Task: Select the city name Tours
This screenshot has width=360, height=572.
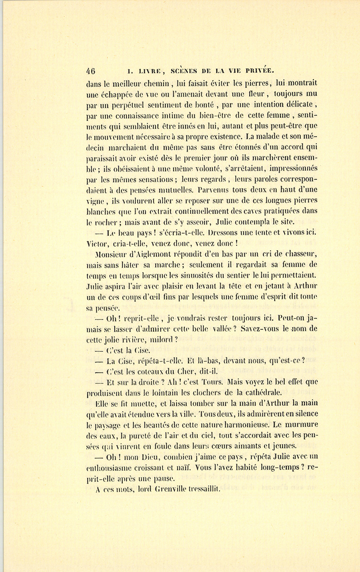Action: click(x=210, y=382)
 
